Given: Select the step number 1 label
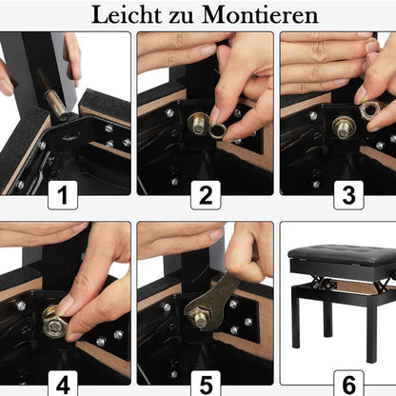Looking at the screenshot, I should (x=63, y=197).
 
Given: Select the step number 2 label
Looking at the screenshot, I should (x=205, y=197).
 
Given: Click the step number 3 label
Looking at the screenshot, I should (x=346, y=197).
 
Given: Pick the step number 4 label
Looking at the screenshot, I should (x=63, y=386).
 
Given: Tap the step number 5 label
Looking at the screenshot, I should (x=205, y=386).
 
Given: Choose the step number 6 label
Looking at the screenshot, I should (x=346, y=386).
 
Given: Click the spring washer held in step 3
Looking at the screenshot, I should (x=370, y=111).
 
